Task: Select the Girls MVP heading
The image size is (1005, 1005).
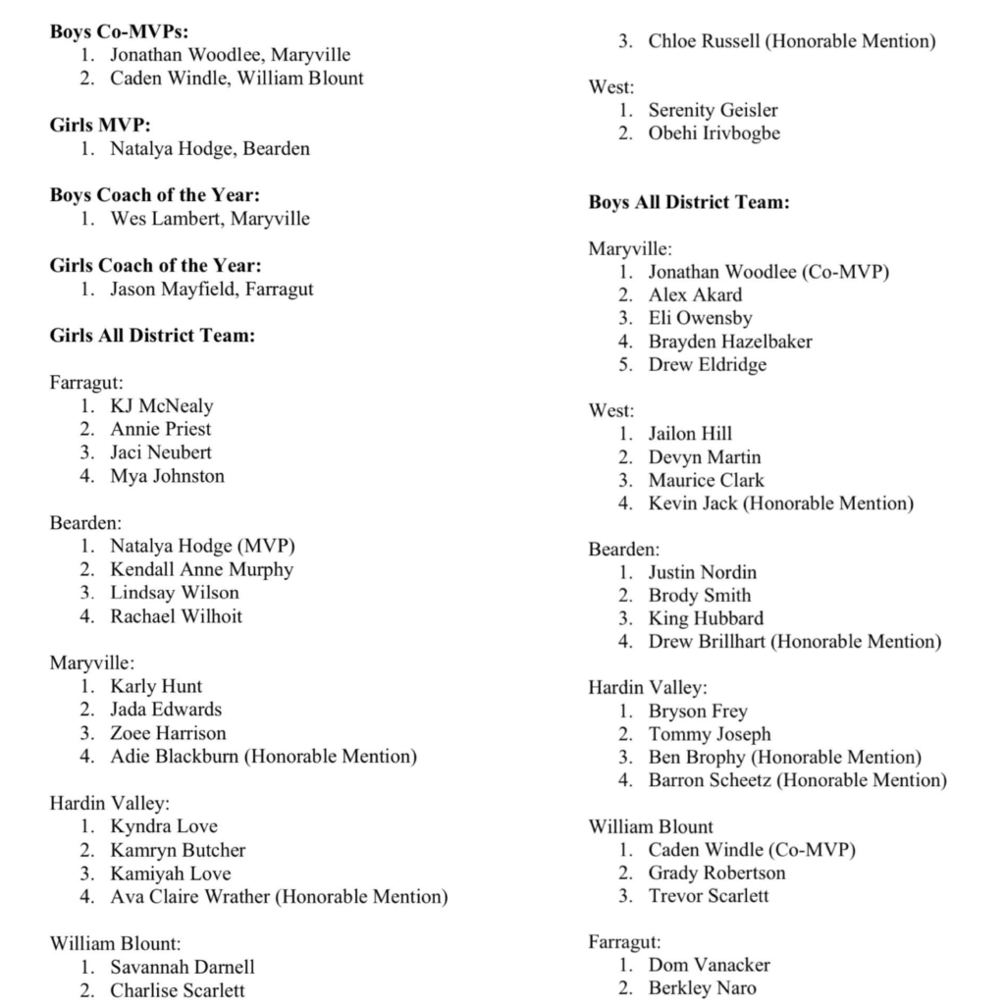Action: (100, 126)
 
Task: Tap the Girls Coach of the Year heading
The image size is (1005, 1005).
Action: (155, 266)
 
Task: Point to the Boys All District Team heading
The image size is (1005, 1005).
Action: (689, 203)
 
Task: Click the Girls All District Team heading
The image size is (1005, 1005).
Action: (152, 336)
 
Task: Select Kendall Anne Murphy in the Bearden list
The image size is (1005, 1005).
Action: (201, 569)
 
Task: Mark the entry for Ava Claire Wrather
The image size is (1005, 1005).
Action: (192, 897)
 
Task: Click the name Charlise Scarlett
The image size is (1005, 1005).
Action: (178, 990)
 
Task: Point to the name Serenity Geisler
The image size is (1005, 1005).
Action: (713, 110)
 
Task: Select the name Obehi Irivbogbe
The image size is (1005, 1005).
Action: (714, 133)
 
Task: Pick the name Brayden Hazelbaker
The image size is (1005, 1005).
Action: (730, 342)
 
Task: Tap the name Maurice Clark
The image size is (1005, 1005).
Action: (706, 481)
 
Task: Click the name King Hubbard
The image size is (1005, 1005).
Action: (706, 618)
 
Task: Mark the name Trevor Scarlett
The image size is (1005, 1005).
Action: (709, 896)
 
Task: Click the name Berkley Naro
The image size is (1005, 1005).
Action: (702, 988)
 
